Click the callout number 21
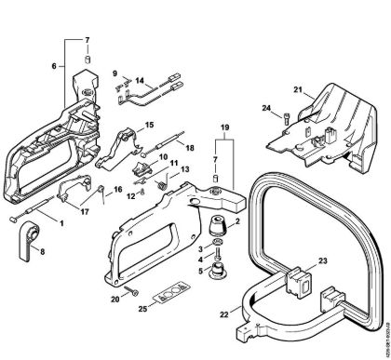tap(299, 90)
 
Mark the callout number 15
tap(149, 125)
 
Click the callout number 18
tap(191, 148)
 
